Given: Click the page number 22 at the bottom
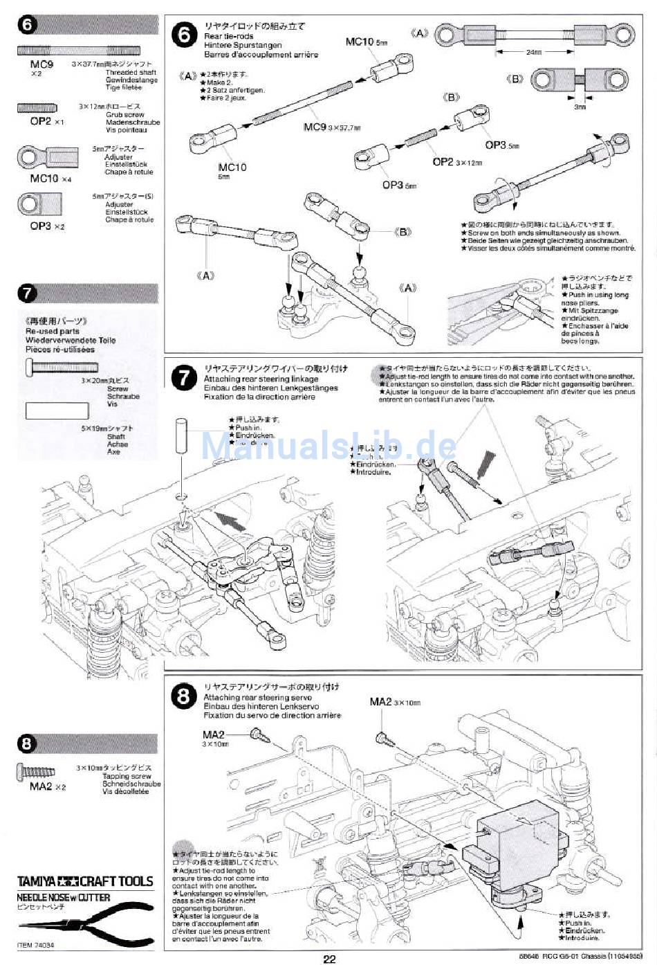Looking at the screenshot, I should click(x=328, y=958).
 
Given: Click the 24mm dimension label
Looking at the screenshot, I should click(x=533, y=53).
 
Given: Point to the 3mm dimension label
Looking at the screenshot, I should click(x=580, y=107).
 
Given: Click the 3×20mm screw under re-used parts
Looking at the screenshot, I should click(x=63, y=367).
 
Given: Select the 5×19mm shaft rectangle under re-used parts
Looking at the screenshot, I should click(x=57, y=411).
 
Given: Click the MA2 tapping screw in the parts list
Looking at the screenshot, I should click(x=36, y=770).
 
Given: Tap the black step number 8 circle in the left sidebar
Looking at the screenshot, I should click(x=27, y=743).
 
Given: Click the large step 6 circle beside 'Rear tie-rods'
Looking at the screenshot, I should click(x=184, y=35).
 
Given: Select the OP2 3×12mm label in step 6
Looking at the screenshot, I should click(x=456, y=162).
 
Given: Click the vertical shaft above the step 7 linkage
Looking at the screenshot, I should click(x=181, y=436).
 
